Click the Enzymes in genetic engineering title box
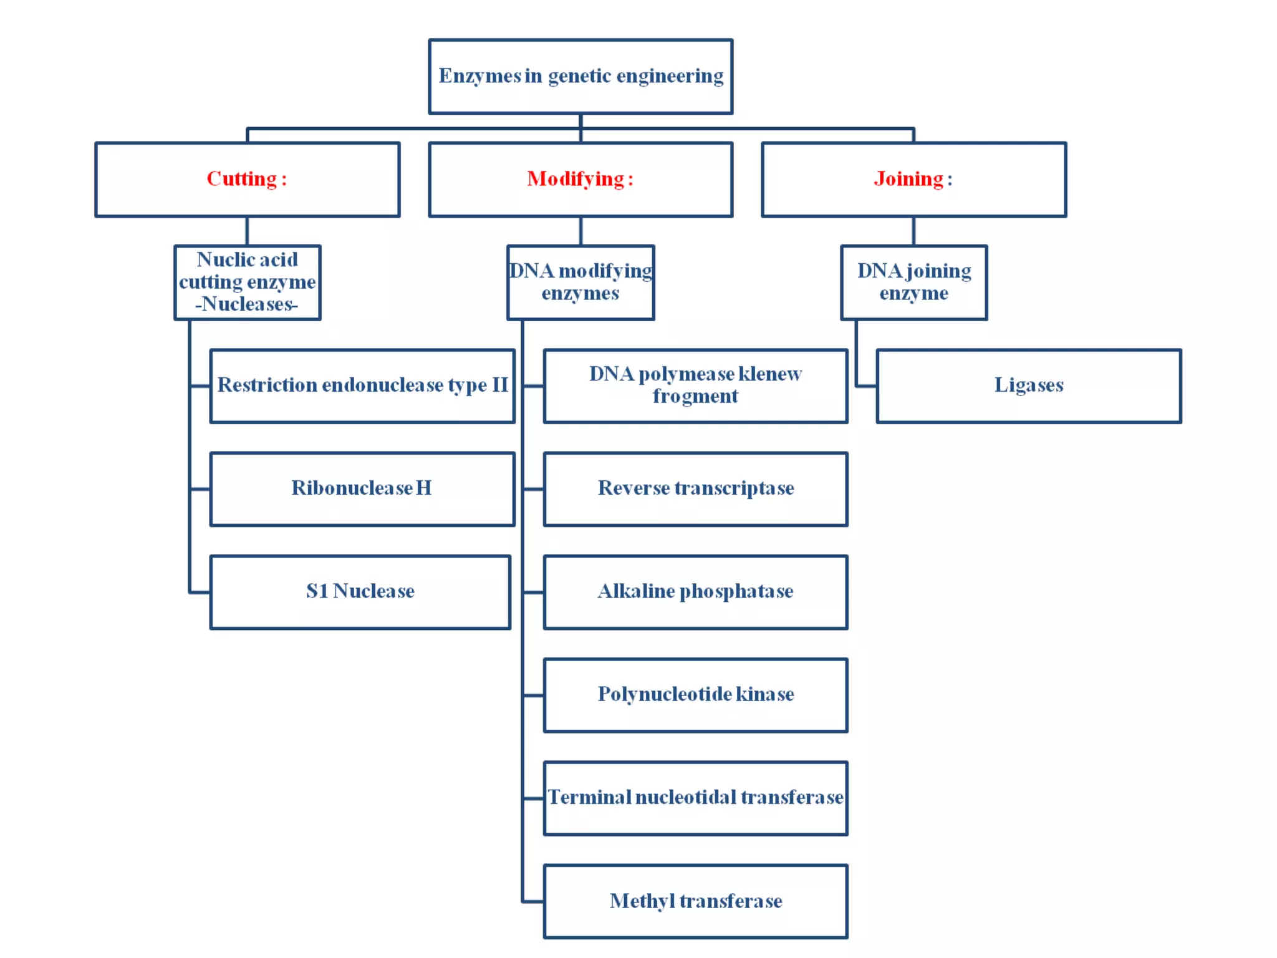(581, 76)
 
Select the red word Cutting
(241, 179)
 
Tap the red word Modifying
(575, 179)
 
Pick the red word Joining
(908, 179)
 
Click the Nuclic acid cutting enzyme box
(248, 282)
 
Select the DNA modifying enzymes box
(581, 282)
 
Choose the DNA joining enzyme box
(914, 282)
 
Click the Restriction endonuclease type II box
(362, 385)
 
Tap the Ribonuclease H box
(362, 488)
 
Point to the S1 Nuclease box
(360, 591)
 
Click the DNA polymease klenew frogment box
(695, 385)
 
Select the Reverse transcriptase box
(695, 488)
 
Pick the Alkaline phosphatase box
(695, 591)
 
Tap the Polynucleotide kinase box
(695, 694)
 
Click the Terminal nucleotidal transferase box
(695, 798)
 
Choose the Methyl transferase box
(695, 901)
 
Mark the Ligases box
(1029, 385)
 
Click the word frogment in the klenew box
(695, 397)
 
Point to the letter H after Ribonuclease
(423, 488)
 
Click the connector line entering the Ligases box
(867, 386)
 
